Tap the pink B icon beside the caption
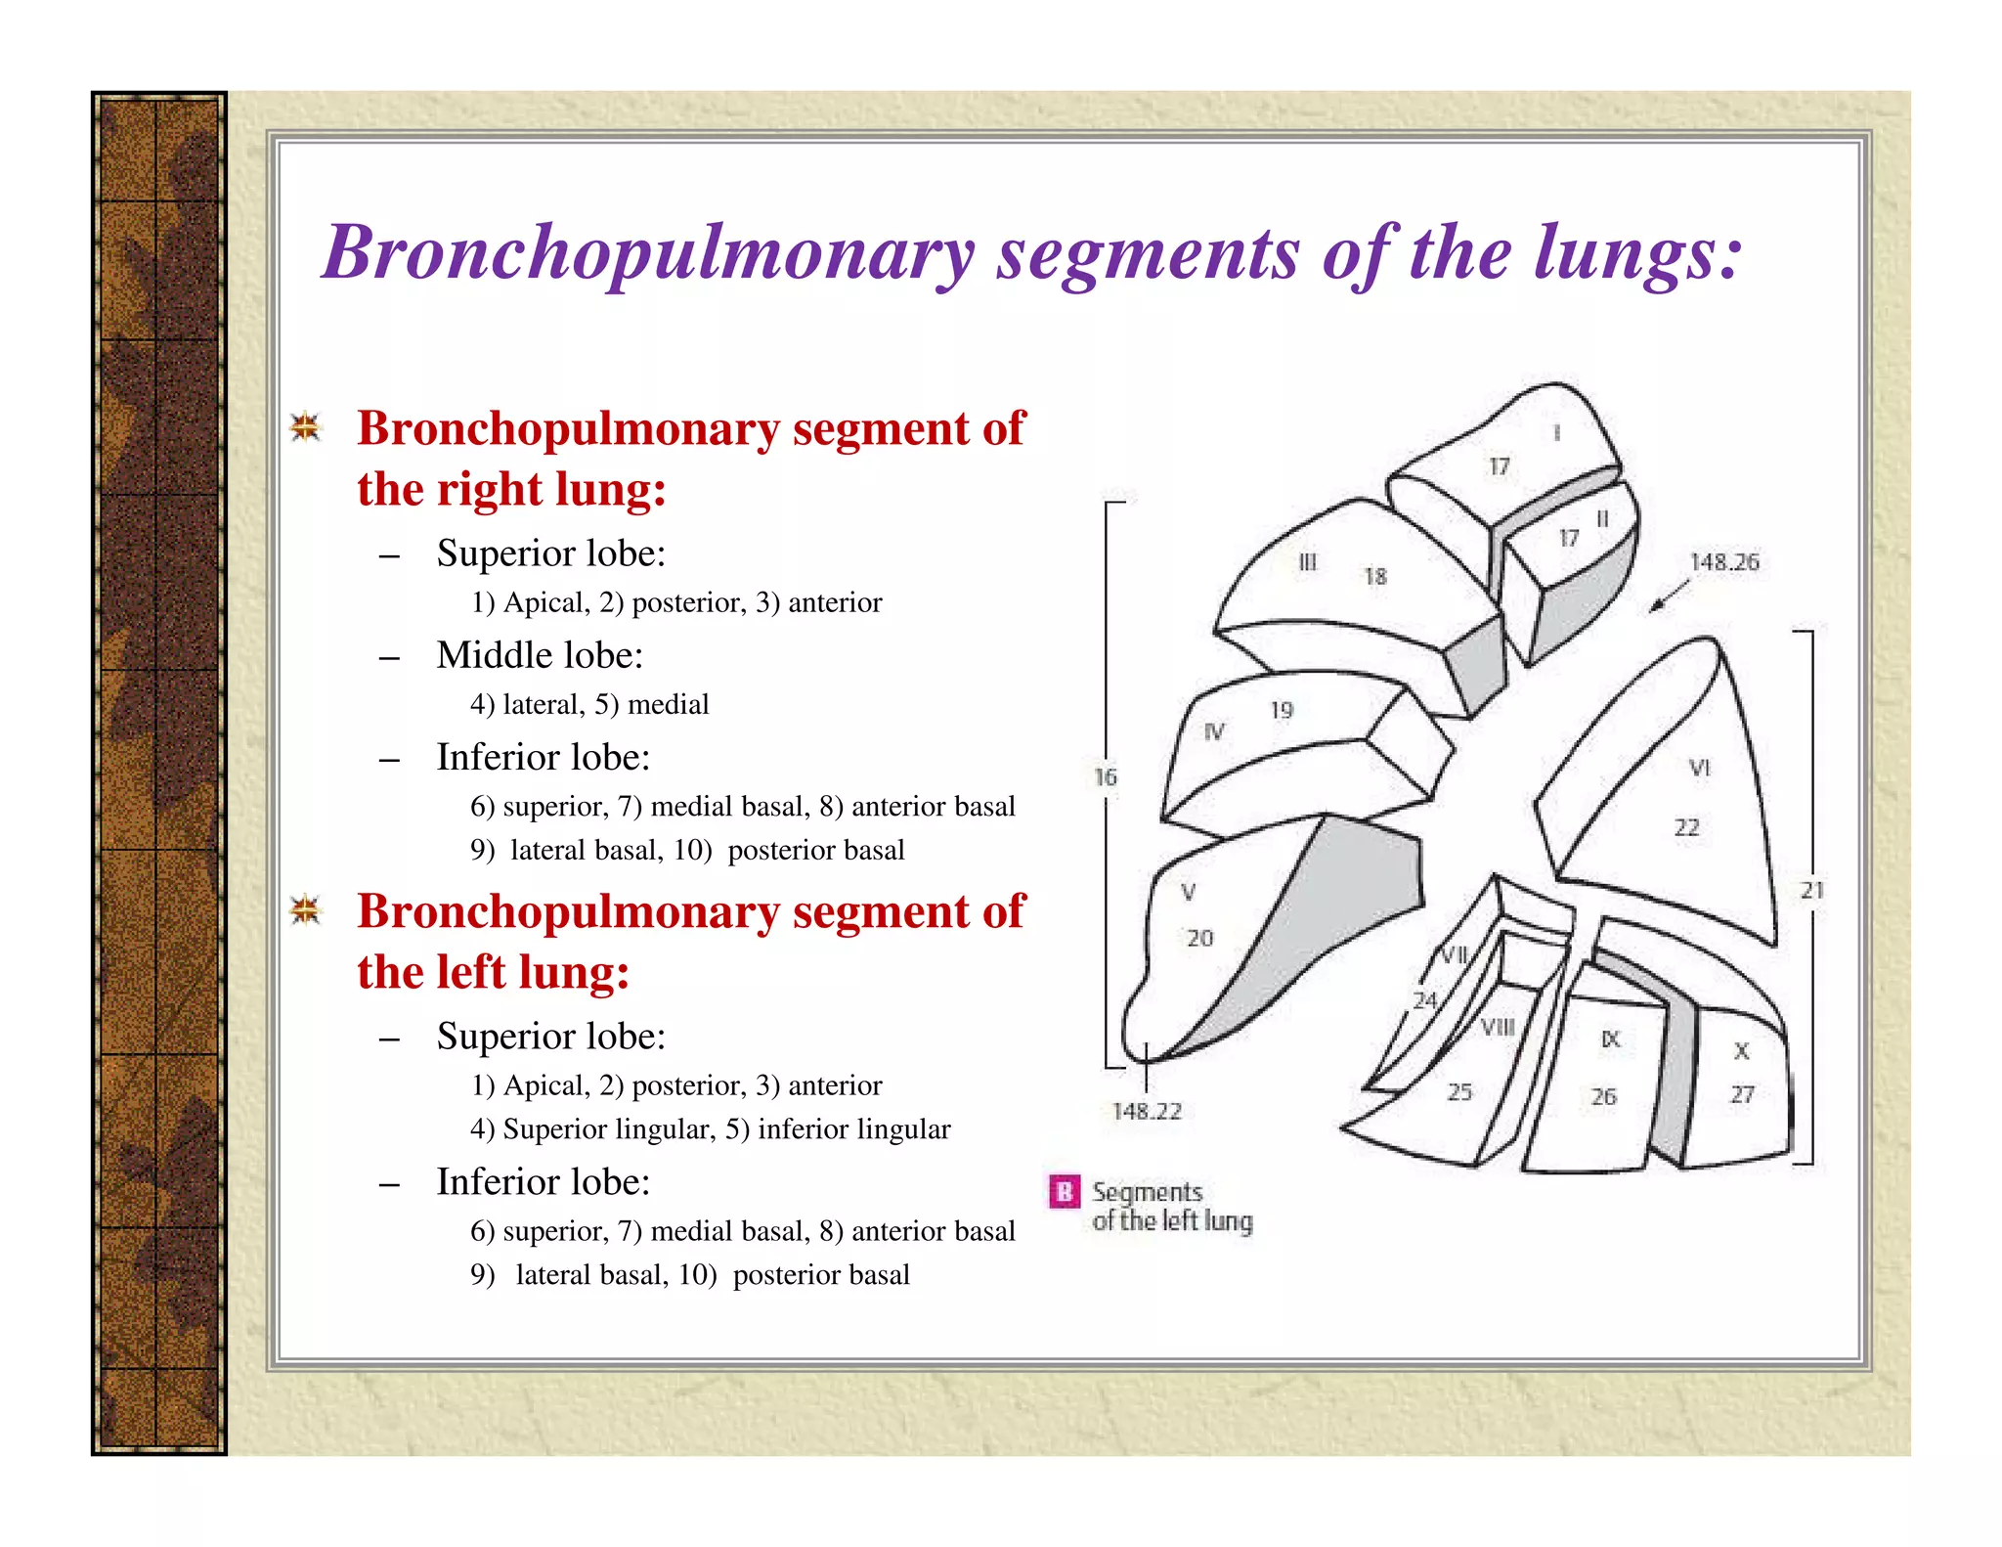point(1064,1192)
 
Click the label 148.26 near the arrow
point(1723,562)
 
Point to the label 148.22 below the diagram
point(1147,1112)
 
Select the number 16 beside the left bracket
point(1105,777)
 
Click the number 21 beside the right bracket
point(1811,891)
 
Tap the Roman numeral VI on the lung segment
point(1699,769)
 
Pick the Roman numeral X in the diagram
point(1741,1051)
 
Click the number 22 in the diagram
point(1686,828)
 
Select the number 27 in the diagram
point(1742,1095)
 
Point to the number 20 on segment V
point(1199,939)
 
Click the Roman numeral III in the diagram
point(1307,563)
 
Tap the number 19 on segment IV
point(1281,711)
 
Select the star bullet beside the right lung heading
point(306,427)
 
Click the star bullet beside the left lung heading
point(306,910)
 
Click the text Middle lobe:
point(540,655)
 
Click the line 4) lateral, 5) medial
point(589,705)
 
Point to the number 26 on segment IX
point(1603,1097)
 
